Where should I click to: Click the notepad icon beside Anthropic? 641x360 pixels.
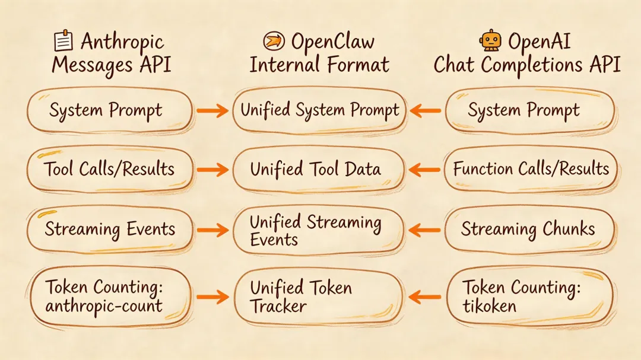click(62, 41)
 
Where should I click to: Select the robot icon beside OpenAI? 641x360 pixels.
click(490, 41)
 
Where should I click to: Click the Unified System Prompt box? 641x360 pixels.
click(320, 110)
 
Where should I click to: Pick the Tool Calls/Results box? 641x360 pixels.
click(110, 169)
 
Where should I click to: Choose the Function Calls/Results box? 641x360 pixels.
click(531, 169)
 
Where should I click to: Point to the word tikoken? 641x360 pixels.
click(490, 306)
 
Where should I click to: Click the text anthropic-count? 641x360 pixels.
click(104, 307)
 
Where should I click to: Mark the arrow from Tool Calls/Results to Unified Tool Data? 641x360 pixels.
click(212, 170)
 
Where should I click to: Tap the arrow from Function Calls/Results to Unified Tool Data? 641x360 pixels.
click(426, 170)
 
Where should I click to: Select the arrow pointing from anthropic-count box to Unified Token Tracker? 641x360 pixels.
click(212, 297)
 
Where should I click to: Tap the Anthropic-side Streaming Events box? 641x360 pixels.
click(110, 230)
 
